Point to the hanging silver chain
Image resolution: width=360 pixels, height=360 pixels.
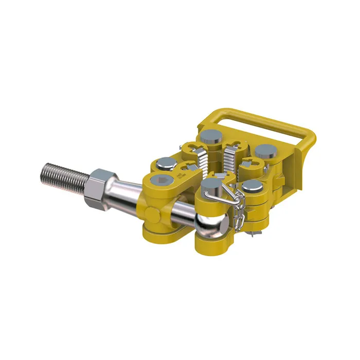pyautogui.click(x=238, y=206)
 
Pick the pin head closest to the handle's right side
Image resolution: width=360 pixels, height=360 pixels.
pyautogui.click(x=265, y=150)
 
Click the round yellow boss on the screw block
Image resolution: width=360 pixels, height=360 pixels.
pyautogui.click(x=152, y=213)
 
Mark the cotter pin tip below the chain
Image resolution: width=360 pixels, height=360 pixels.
pyautogui.click(x=250, y=235)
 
